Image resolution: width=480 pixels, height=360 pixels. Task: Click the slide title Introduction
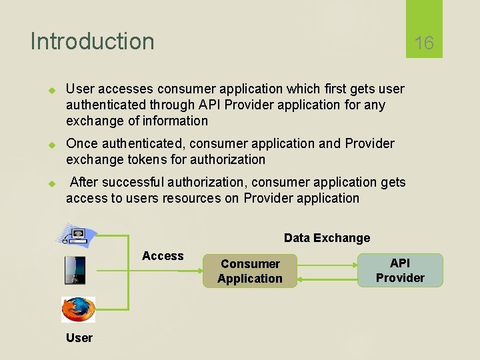[92, 41]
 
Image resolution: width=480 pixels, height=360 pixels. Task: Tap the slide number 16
[424, 43]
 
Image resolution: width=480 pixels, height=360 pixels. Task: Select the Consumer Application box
[250, 271]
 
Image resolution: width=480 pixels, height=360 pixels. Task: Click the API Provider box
[400, 270]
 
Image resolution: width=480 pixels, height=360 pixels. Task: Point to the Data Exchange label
[327, 238]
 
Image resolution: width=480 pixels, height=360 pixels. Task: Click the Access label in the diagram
[163, 256]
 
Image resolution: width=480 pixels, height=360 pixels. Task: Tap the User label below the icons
[79, 337]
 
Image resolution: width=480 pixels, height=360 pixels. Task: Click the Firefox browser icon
[79, 310]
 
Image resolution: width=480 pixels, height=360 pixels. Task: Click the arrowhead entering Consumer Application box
[199, 271]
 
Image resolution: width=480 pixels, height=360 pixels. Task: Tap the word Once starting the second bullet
[81, 143]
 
